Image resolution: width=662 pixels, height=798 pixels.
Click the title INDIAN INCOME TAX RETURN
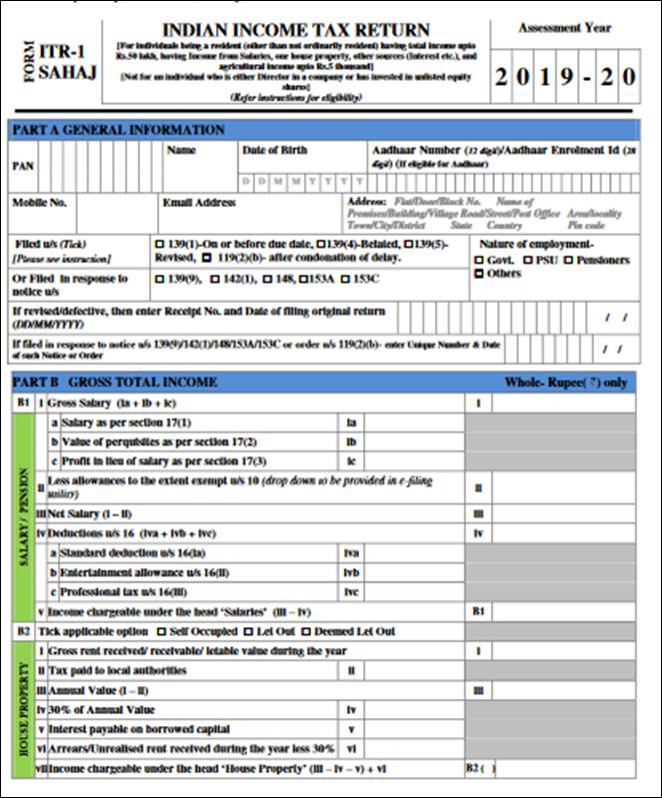coord(295,30)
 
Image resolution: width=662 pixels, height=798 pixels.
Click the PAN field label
coord(22,167)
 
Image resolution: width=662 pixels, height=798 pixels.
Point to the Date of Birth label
coord(274,150)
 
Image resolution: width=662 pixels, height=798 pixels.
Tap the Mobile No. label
coord(39,202)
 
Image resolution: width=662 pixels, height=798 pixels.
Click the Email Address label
coord(199,202)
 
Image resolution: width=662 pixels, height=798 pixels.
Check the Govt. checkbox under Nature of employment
coord(480,260)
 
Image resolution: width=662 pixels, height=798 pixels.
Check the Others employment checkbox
coord(480,273)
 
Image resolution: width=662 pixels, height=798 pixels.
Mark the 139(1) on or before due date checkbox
coord(159,244)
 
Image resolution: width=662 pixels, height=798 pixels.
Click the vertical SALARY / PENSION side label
coord(22,515)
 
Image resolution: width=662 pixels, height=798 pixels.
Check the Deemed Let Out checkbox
coord(307,632)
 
